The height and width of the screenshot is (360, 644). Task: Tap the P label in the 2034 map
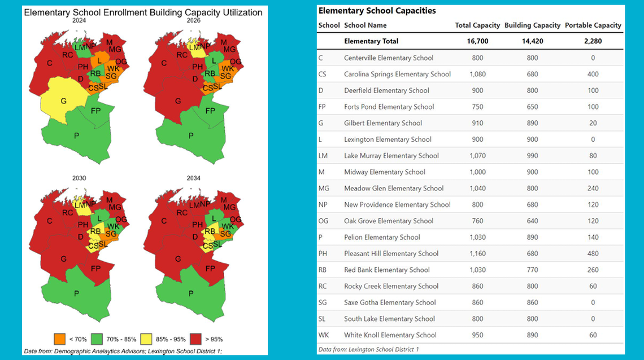pyautogui.click(x=190, y=293)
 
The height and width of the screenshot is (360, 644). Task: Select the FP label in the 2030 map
pyautogui.click(x=95, y=268)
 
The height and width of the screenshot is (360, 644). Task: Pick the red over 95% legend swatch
pyautogui.click(x=196, y=339)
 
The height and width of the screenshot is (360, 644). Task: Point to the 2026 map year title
pyautogui.click(x=194, y=20)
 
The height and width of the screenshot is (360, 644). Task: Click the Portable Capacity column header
pyautogui.click(x=593, y=25)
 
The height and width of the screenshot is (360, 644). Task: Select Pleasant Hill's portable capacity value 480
pyautogui.click(x=593, y=254)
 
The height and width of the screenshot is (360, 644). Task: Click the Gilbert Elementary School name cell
pyautogui.click(x=382, y=123)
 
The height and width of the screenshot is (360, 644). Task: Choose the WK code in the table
pyautogui.click(x=323, y=335)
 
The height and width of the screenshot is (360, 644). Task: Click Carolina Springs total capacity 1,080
pyautogui.click(x=477, y=74)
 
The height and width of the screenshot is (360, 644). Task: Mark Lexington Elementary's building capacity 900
pyautogui.click(x=532, y=140)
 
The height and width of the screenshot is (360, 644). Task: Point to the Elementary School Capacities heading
pyautogui.click(x=377, y=11)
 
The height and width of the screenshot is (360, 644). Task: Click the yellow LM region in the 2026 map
pyautogui.click(x=193, y=45)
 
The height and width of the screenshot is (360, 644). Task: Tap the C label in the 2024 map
pyautogui.click(x=50, y=63)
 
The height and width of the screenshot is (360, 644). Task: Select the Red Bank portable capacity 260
pyautogui.click(x=593, y=270)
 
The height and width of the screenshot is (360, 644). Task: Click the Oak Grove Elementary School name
pyautogui.click(x=389, y=221)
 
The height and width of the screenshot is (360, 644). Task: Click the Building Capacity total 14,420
pyautogui.click(x=532, y=41)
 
